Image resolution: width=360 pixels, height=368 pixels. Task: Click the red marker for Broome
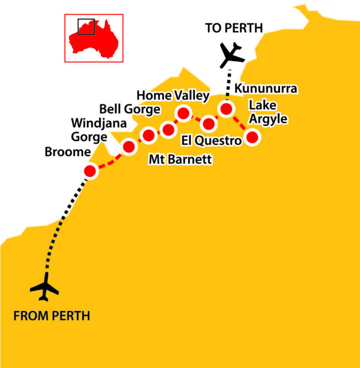pos(90,171)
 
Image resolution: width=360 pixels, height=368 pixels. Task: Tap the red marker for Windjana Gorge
pos(129,146)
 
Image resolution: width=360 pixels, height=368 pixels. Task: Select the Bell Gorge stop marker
pos(148,135)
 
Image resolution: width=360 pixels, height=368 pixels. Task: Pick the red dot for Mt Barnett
pos(169,130)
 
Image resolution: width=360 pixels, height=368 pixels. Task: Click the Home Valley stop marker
pos(183,113)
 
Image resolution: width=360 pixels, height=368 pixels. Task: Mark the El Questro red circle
pos(209,124)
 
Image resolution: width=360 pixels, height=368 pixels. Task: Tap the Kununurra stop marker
pos(226,109)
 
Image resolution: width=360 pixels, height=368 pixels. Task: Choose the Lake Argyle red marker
pos(252,138)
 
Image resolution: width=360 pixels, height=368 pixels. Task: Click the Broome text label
pos(67,152)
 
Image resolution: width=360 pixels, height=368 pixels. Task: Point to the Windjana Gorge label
pos(89,130)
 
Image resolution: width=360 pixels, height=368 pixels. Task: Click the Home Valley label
pos(173,95)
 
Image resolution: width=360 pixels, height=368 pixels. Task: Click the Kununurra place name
pos(266,89)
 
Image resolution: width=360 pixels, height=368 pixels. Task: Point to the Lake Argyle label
pos(268,112)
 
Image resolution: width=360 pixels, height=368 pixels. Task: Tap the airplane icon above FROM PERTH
pos(45,288)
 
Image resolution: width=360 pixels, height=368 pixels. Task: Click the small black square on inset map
pos(86,26)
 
